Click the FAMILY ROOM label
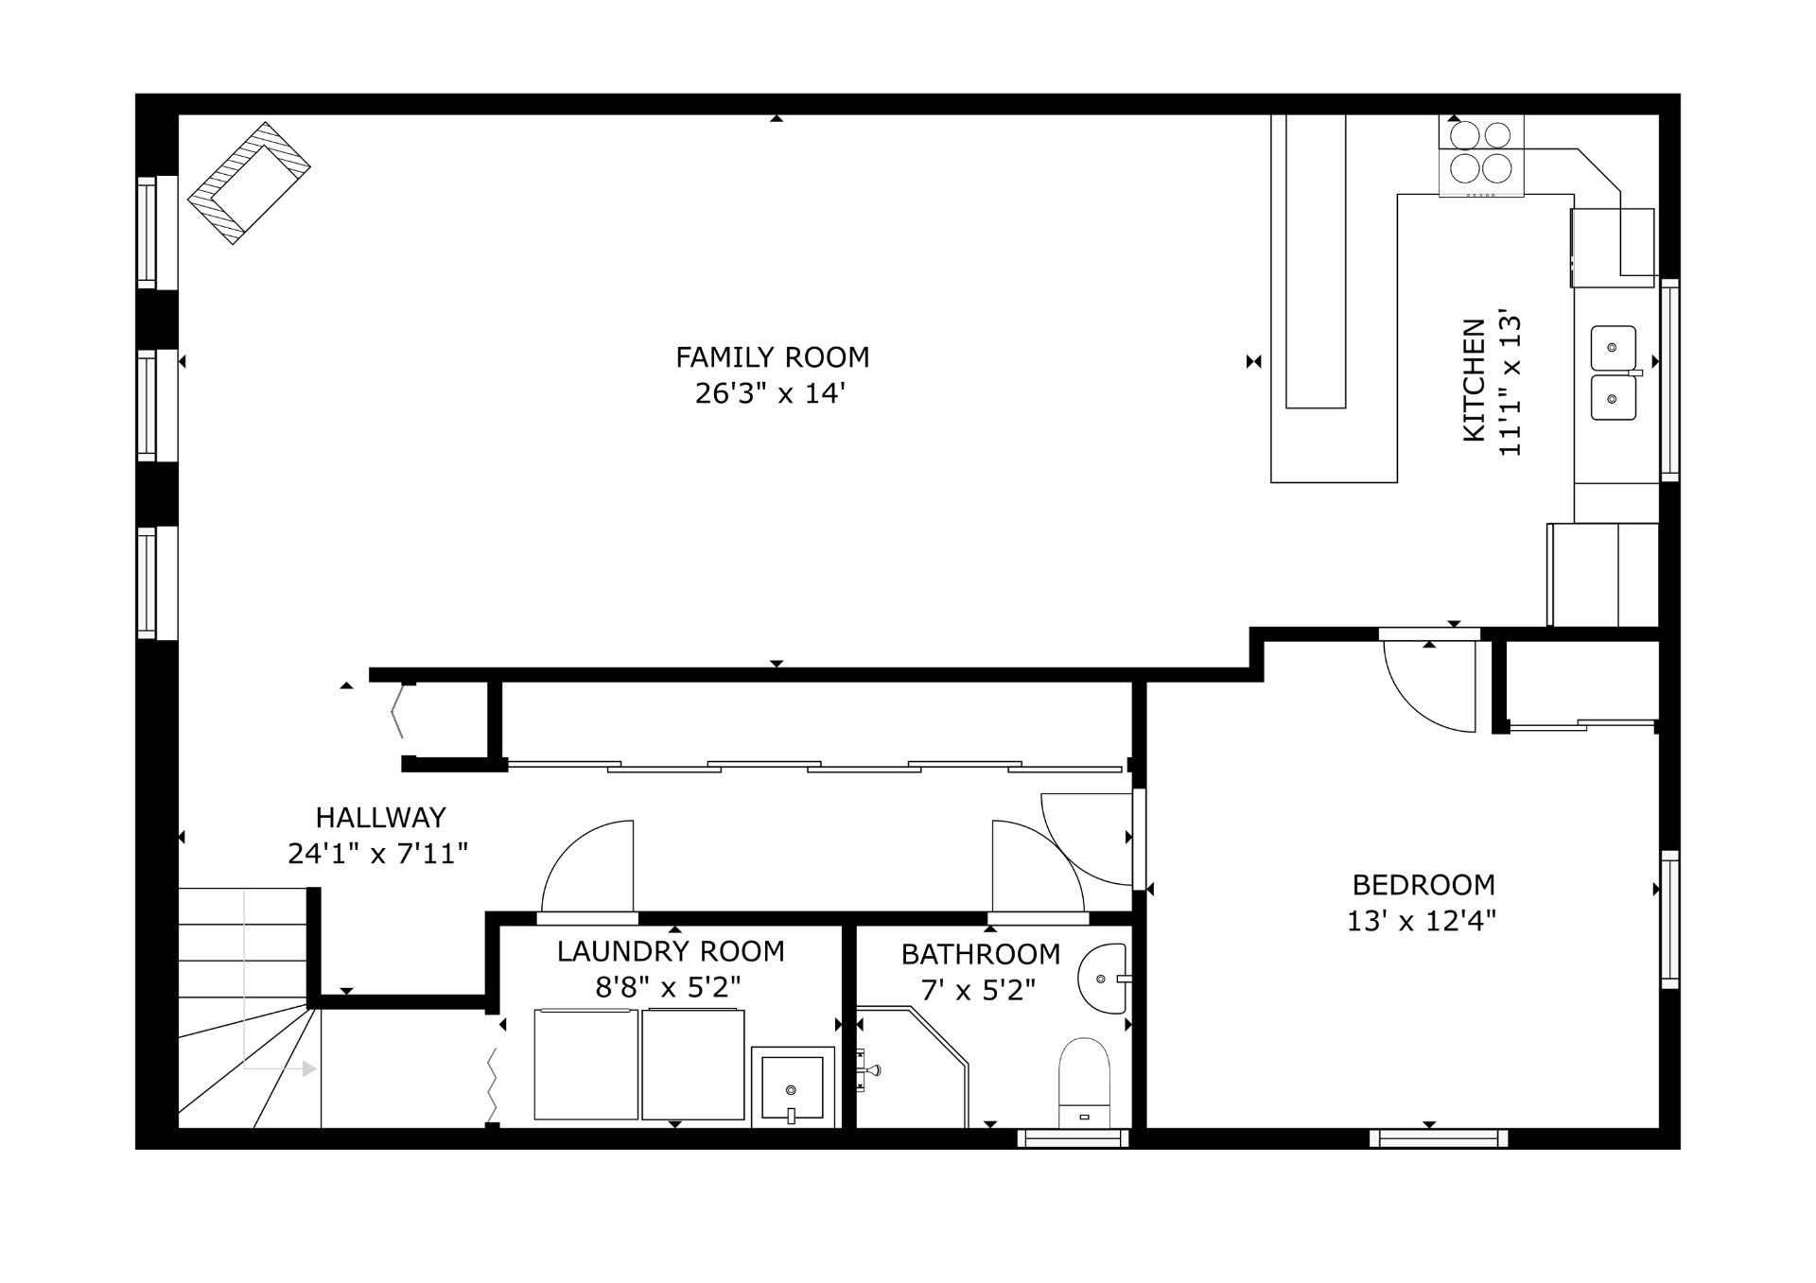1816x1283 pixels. [772, 357]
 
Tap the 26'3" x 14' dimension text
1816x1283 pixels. [770, 393]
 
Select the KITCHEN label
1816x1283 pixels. [1474, 380]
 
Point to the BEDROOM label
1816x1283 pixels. [1423, 885]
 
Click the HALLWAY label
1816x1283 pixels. [380, 817]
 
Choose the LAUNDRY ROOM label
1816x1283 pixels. [671, 951]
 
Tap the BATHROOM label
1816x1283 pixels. [980, 955]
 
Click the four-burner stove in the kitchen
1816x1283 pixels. [1481, 156]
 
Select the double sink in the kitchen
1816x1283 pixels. [1614, 373]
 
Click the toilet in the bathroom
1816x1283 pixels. [1084, 1083]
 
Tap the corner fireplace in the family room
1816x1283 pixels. [250, 183]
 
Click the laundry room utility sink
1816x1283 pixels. [793, 1086]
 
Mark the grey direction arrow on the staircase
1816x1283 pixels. [274, 1068]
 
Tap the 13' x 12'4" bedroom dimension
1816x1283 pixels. [1422, 921]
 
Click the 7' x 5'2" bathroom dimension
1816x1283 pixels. [979, 991]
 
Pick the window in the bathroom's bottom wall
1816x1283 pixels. [1074, 1138]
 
